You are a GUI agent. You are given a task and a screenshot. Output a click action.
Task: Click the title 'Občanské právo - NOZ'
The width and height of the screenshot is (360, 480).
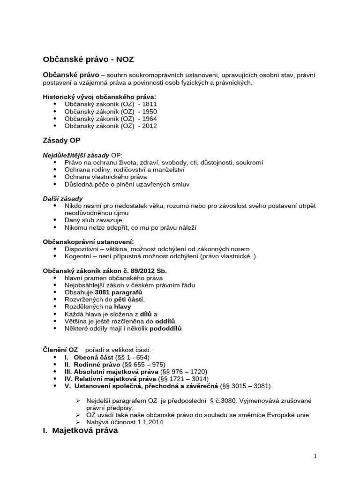tap(91, 59)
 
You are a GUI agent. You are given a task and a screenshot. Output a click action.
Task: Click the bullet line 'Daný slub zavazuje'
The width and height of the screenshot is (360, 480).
tap(94, 220)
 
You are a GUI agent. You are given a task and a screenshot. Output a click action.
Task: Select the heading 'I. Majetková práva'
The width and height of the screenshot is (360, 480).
tap(81, 431)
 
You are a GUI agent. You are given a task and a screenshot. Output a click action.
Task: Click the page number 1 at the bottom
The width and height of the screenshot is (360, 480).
tap(315, 456)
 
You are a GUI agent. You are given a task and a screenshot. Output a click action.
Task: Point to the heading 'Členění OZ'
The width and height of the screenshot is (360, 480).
tap(60, 350)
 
